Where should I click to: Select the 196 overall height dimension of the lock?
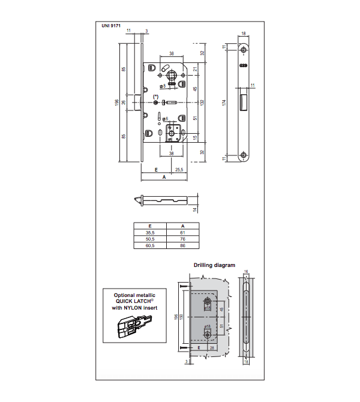[117, 103]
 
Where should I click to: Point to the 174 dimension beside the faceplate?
[223, 103]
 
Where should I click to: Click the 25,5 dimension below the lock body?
[178, 170]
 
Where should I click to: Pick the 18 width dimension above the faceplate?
[244, 34]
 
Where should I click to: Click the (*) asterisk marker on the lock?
[156, 97]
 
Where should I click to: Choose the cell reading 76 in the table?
[182, 238]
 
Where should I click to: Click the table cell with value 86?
[182, 245]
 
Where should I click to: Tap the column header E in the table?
[150, 225]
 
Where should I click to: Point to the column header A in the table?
[182, 225]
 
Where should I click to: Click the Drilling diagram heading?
[214, 265]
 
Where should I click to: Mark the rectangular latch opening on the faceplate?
[244, 100]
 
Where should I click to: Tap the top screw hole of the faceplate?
[244, 48]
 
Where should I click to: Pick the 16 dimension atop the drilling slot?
[246, 272]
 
